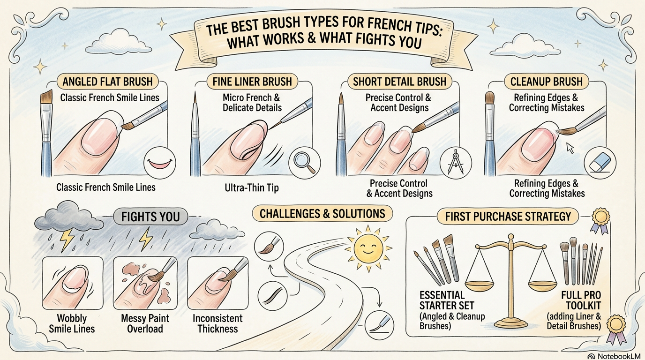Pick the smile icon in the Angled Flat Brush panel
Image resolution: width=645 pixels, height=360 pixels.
157,161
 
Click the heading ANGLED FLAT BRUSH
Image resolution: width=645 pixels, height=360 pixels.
107,81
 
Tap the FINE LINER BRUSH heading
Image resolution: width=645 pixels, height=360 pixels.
252,81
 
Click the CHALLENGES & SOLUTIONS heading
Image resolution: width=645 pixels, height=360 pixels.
322,214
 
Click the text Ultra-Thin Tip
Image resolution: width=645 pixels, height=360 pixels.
252,188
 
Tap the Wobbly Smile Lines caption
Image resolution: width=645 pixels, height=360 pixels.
72,323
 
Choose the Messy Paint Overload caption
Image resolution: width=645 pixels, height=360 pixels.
145,323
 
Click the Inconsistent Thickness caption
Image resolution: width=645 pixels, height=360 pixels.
217,323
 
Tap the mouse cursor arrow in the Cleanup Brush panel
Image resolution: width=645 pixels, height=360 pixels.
570,148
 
